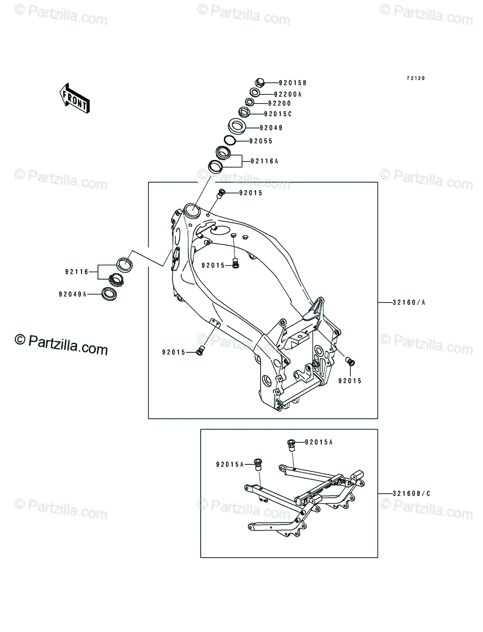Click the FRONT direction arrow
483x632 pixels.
[x=75, y=98]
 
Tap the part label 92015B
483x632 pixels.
[x=292, y=83]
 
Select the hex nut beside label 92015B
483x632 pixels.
[x=260, y=83]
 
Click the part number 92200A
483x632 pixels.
[x=288, y=94]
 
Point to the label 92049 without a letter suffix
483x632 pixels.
[x=271, y=127]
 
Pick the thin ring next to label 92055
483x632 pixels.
[x=230, y=141]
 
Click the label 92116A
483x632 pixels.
[x=264, y=161]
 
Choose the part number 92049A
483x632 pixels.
[x=73, y=294]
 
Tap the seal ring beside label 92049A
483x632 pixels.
[x=110, y=294]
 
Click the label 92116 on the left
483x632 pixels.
[x=76, y=272]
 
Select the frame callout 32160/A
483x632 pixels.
[x=409, y=302]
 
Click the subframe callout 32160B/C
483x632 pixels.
[x=411, y=493]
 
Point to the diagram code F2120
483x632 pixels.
[x=416, y=78]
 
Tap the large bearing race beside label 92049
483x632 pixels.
[x=237, y=126]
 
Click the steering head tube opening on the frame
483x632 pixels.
[x=192, y=212]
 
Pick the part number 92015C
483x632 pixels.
[x=278, y=114]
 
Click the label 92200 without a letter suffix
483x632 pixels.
[x=279, y=103]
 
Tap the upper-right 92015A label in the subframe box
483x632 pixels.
[x=319, y=442]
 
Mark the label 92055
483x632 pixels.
[x=261, y=141]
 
